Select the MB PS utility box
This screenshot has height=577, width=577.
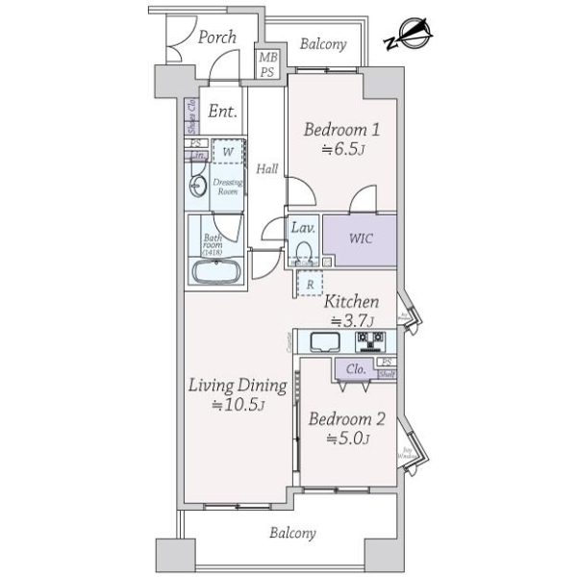(x=265, y=64)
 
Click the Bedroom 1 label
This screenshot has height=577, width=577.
(x=342, y=131)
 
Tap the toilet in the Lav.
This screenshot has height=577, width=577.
(x=305, y=252)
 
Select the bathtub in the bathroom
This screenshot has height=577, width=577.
(x=217, y=272)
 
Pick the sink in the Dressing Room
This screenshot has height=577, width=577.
(x=199, y=187)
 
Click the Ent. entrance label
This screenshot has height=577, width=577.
(x=223, y=112)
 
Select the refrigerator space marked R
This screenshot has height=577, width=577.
(x=311, y=285)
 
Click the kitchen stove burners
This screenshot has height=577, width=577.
(x=371, y=340)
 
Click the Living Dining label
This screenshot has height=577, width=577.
(x=238, y=387)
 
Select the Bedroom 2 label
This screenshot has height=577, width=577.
(x=346, y=419)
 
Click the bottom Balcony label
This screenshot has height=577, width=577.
(x=293, y=532)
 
